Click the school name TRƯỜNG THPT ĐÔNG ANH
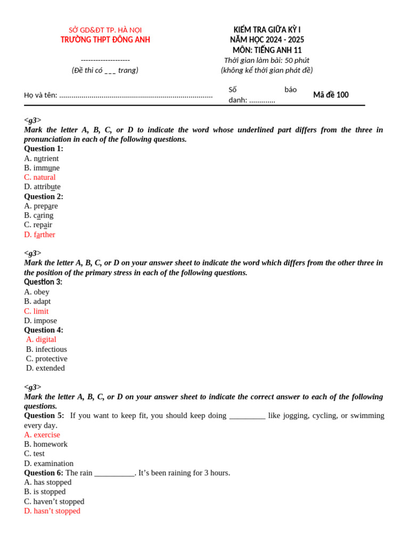[x=105, y=39]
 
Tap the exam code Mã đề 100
[x=331, y=95]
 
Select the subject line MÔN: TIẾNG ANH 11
[x=267, y=50]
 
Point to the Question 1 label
[x=44, y=149]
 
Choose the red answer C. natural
[x=40, y=177]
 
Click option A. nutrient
[x=42, y=158]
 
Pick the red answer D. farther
[x=40, y=235]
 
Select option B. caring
[x=39, y=215]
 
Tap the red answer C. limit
[x=36, y=311]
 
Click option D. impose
[x=40, y=321]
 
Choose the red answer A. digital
[x=41, y=340]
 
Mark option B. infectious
[x=46, y=349]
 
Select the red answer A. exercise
[x=42, y=435]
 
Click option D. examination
[x=49, y=464]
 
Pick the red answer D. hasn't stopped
[x=52, y=511]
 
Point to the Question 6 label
[x=44, y=473]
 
